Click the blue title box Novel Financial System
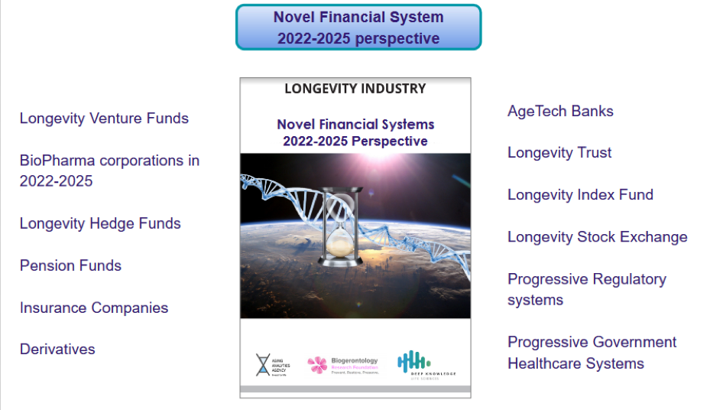358,28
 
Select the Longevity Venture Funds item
104,119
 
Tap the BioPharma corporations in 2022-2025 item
109,171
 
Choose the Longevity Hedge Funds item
100,224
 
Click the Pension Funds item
70,266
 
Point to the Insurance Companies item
94,308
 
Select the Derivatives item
57,350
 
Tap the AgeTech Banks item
560,112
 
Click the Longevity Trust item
559,153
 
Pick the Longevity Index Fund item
580,195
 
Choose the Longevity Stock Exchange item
597,237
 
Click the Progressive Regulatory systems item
586,289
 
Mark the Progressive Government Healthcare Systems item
592,353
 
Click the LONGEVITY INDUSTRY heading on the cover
355,89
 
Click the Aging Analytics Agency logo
272,365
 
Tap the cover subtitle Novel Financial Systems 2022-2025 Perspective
355,132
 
